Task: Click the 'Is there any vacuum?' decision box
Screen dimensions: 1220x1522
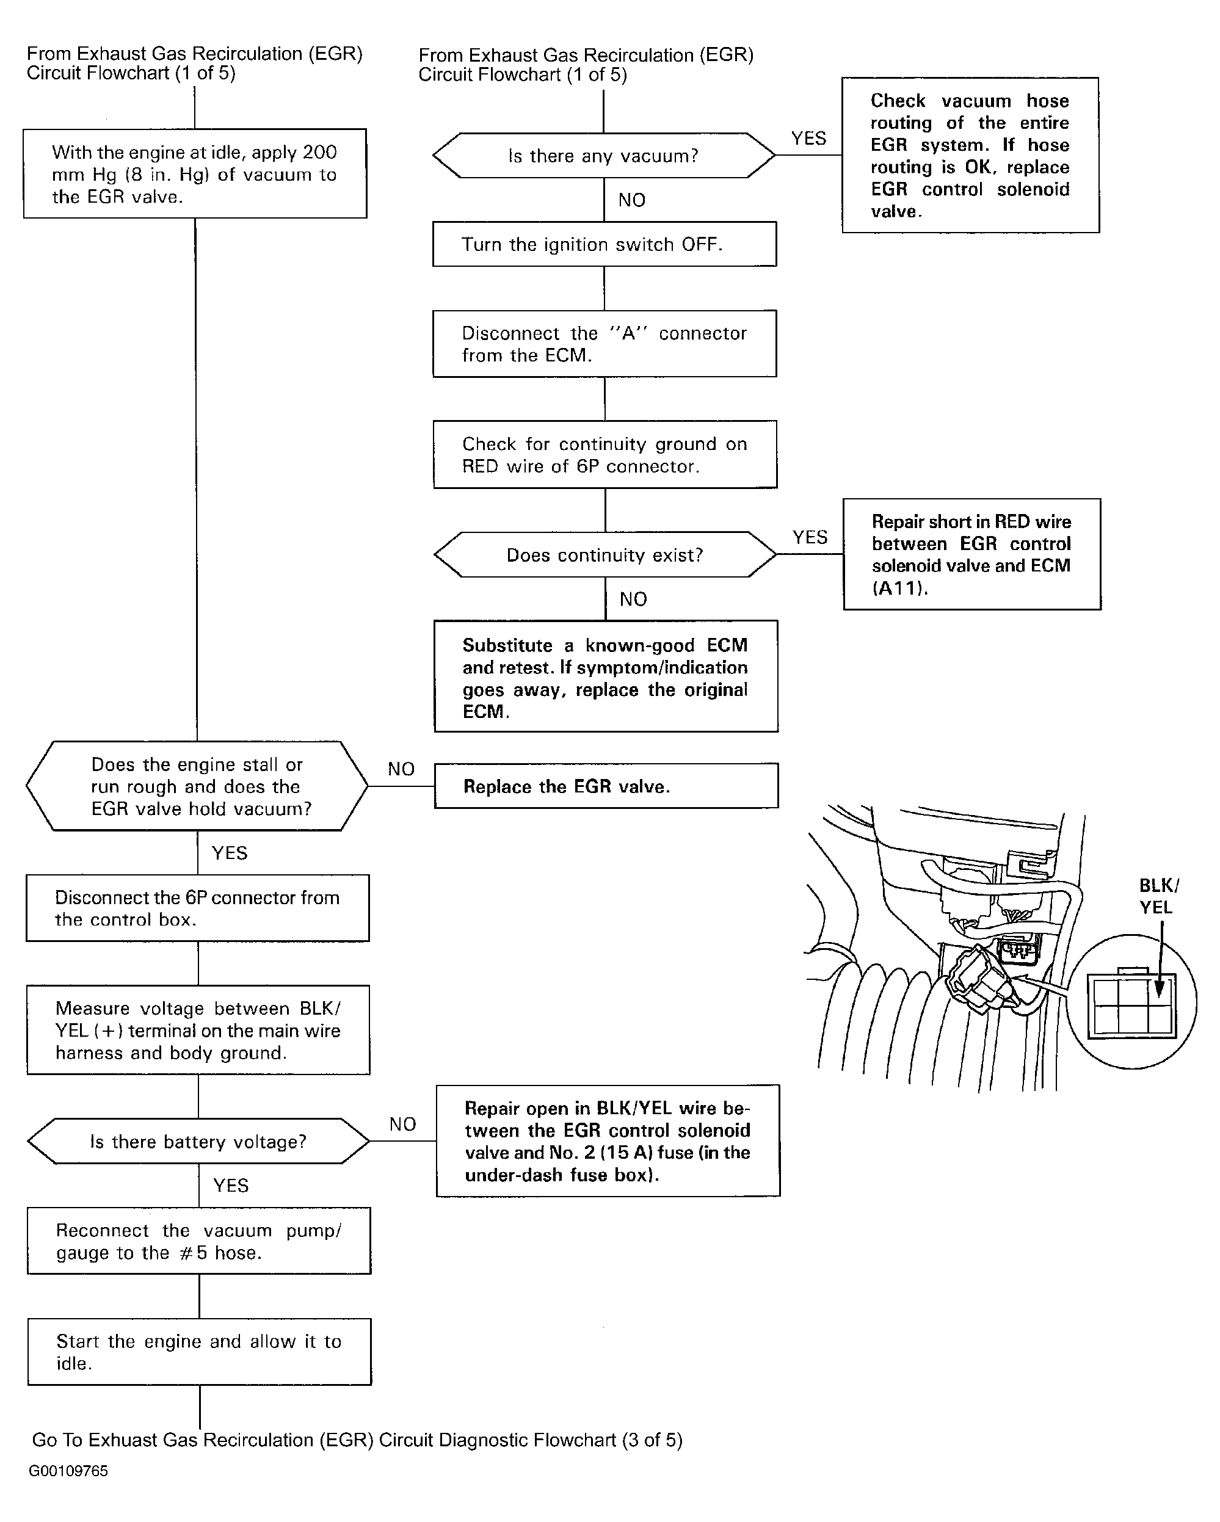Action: (604, 155)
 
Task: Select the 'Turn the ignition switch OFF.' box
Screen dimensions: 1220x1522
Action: (605, 244)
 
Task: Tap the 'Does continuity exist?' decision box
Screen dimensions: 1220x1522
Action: (605, 555)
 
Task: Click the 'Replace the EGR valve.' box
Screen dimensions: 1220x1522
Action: (606, 786)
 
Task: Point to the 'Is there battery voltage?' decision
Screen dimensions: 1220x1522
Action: (198, 1142)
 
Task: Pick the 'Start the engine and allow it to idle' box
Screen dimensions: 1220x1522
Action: (199, 1352)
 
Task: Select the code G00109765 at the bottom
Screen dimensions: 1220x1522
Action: (68, 1471)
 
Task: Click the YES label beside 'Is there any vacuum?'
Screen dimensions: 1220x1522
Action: (808, 139)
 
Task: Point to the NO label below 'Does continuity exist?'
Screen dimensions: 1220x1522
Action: (633, 600)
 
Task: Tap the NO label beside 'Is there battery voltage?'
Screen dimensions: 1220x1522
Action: (402, 1124)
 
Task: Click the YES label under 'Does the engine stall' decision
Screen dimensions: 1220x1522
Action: (230, 853)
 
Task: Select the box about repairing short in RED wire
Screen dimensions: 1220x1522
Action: (971, 554)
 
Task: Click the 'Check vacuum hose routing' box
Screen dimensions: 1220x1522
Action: (970, 155)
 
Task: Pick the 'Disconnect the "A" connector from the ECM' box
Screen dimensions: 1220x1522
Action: (605, 344)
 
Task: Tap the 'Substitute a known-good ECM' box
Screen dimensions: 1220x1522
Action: (606, 676)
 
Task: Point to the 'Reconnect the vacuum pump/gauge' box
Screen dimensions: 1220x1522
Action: (199, 1241)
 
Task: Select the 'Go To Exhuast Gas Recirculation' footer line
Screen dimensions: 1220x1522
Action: (357, 1440)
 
